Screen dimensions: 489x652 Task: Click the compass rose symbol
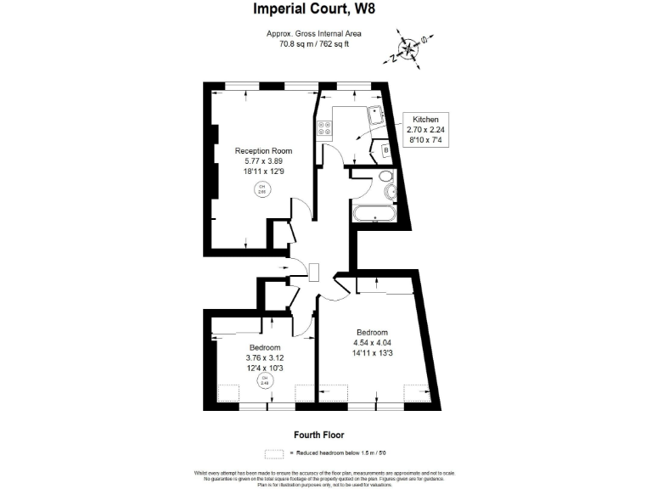[407, 48]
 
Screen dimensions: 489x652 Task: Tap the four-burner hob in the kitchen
[325, 129]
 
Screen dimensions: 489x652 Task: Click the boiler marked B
[385, 151]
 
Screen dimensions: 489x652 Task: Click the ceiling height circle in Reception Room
[262, 189]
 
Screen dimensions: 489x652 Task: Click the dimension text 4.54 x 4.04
[372, 343]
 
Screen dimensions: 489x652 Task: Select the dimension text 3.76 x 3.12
[265, 357]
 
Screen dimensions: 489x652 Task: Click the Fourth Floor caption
[318, 435]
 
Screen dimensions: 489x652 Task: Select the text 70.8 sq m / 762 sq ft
[314, 44]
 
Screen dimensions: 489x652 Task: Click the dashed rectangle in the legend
[273, 453]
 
